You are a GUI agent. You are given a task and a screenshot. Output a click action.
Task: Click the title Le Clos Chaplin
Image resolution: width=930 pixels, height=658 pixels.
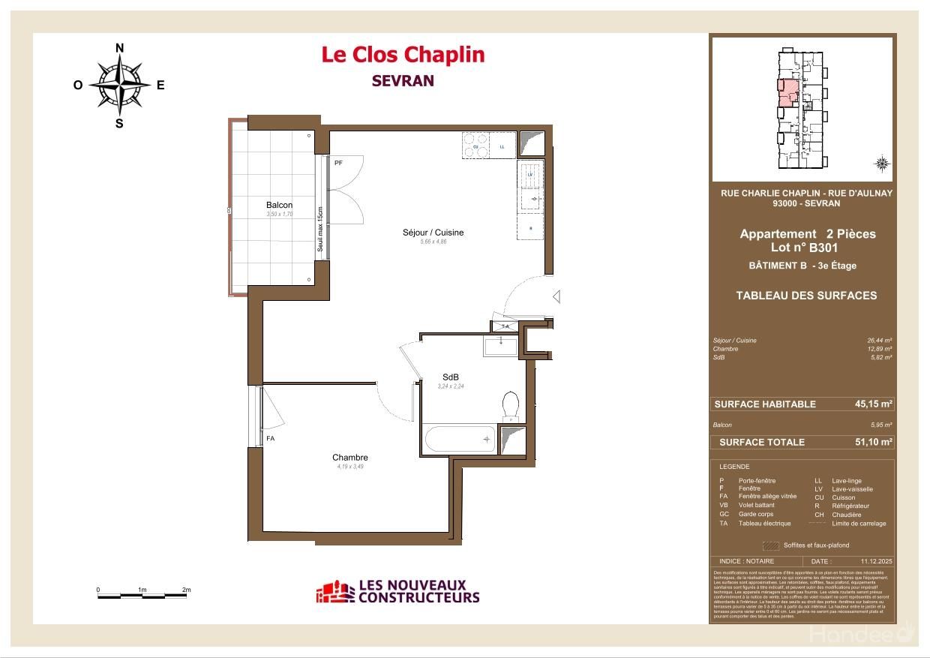point(403,55)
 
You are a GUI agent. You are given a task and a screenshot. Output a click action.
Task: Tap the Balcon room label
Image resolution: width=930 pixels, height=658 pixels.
point(279,205)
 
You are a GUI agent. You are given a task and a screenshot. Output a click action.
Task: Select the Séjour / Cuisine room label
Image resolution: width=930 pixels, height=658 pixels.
point(433,233)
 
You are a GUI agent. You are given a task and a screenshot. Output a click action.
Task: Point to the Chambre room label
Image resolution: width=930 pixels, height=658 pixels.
point(349,458)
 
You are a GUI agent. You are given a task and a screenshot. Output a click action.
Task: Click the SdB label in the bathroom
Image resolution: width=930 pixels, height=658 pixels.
point(450,377)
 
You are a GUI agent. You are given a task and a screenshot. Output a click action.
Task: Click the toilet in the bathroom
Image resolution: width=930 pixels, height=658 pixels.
point(511,405)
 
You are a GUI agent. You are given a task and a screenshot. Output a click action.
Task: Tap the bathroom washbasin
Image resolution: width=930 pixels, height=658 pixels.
point(499,346)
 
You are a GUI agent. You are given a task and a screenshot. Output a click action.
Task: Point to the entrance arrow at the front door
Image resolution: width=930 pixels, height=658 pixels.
point(556,298)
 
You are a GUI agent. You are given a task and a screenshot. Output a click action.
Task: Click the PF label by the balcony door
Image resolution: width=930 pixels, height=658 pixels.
point(338,163)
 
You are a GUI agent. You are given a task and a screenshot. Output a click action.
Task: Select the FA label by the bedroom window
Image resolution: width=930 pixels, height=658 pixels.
point(270,438)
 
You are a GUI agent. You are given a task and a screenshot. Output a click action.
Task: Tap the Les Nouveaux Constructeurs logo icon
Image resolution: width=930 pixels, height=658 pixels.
point(334,592)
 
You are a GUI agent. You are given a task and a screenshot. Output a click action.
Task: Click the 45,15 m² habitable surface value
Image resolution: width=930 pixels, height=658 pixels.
point(873,404)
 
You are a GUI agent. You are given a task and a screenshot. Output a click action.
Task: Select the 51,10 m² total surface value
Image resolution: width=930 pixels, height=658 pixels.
point(873,442)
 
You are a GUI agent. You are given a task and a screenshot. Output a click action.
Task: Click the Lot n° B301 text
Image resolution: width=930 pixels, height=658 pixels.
point(804,247)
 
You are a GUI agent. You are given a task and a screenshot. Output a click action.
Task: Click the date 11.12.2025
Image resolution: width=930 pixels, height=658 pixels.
point(874,561)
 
